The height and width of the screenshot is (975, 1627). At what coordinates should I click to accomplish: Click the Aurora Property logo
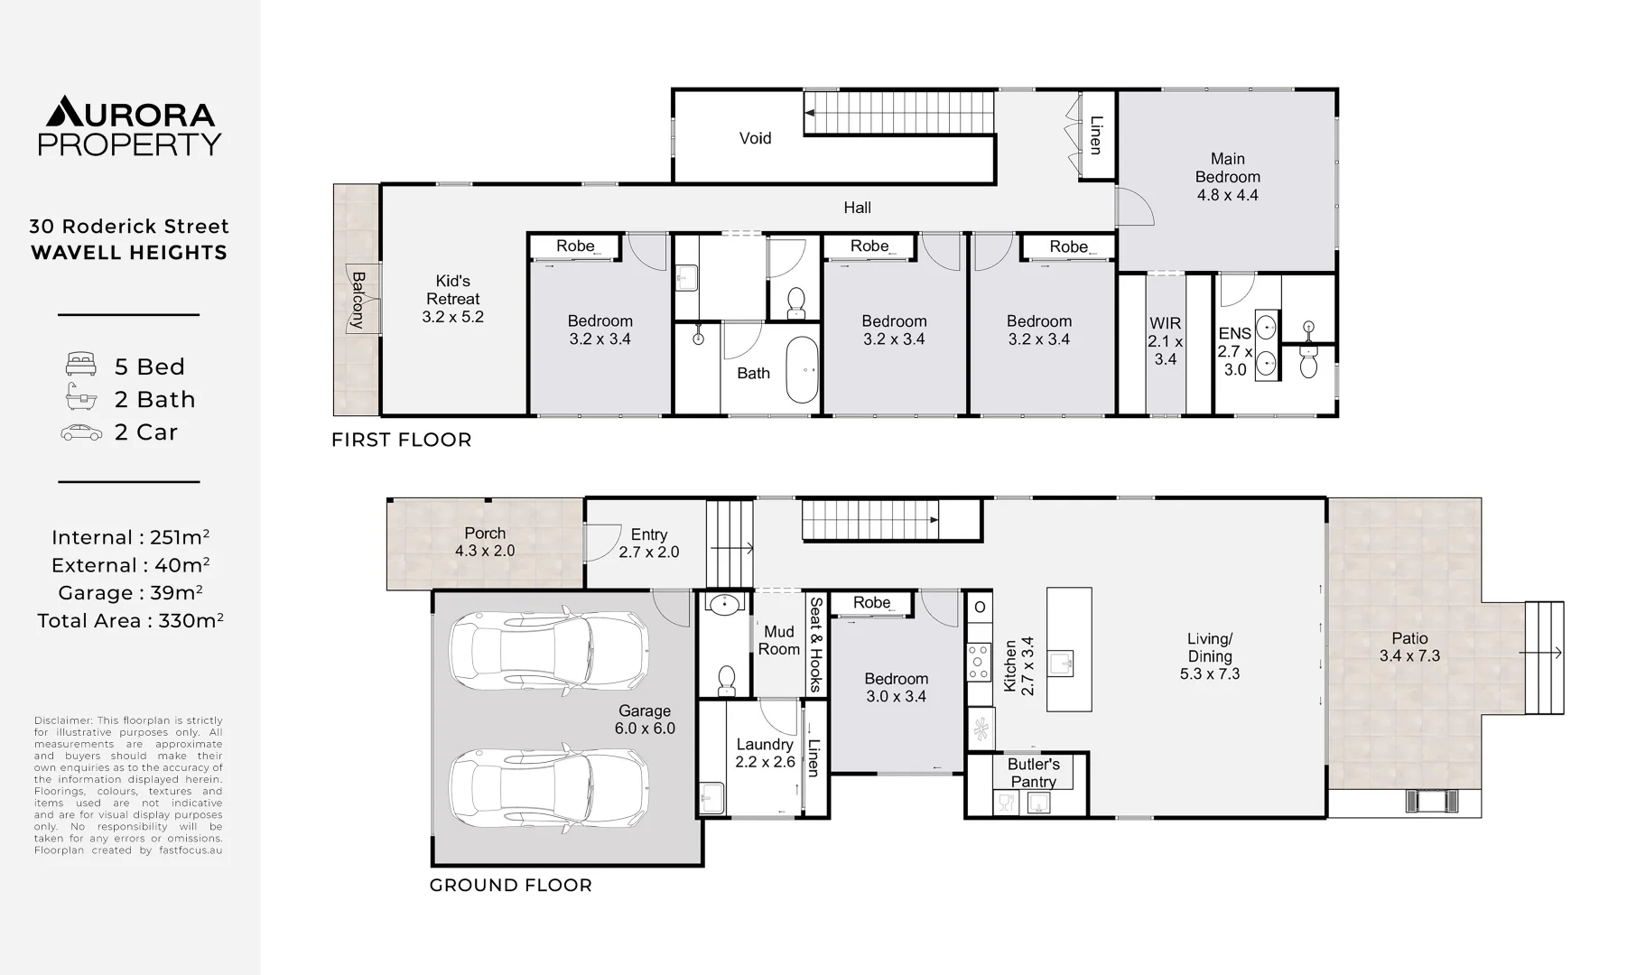(129, 125)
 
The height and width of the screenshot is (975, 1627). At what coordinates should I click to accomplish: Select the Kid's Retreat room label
(452, 290)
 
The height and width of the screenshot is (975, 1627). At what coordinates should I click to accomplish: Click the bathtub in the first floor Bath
(802, 370)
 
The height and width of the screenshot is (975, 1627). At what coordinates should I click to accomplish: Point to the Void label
(755, 138)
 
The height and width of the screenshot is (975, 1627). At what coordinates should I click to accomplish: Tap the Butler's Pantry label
(1033, 773)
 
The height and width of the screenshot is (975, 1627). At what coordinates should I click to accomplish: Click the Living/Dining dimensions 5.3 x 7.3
(1209, 674)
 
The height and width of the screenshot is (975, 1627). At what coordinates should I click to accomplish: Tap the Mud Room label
(778, 640)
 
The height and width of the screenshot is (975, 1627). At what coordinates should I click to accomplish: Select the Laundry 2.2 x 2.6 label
(765, 753)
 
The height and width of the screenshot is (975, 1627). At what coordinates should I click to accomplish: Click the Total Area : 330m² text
(130, 621)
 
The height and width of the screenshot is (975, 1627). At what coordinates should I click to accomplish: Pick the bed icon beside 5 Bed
(81, 365)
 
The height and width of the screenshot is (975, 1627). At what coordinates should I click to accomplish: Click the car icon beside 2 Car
(81, 432)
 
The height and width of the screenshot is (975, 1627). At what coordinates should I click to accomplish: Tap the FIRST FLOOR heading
(401, 440)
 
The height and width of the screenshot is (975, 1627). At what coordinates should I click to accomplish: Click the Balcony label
(358, 299)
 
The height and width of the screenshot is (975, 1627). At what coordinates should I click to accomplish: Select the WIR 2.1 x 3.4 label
(1165, 340)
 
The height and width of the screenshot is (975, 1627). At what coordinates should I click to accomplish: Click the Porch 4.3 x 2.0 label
(485, 542)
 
